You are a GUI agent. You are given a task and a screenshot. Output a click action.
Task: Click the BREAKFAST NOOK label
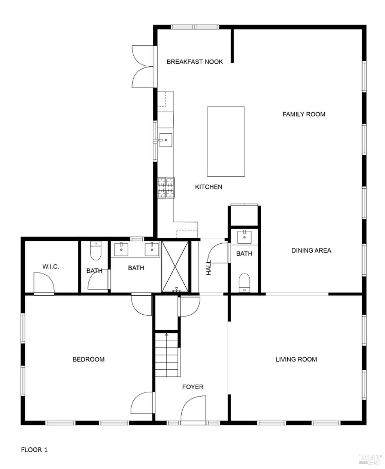pos(194,62)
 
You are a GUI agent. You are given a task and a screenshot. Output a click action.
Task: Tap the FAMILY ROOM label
pos(304,114)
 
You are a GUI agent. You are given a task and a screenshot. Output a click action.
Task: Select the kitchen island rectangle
pos(226,142)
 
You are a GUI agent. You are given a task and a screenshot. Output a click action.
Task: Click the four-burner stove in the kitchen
pos(166,188)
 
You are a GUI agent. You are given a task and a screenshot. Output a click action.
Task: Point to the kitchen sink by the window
pos(165,140)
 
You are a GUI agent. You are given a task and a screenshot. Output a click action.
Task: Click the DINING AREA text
pos(311,250)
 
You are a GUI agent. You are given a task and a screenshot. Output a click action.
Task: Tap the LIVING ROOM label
pos(296,359)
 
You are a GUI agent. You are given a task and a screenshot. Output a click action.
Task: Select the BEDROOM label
pos(89,359)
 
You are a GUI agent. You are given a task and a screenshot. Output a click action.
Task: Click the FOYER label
pos(193,387)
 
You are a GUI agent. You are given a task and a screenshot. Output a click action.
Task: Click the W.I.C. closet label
pos(51,267)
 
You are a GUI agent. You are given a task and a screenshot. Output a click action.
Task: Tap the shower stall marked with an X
pos(175,266)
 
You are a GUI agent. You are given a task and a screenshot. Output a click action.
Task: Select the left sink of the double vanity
pos(121,250)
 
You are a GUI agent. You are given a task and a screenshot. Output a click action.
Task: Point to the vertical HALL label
pos(209,268)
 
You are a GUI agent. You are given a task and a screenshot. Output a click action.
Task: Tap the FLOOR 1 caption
pos(34,450)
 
